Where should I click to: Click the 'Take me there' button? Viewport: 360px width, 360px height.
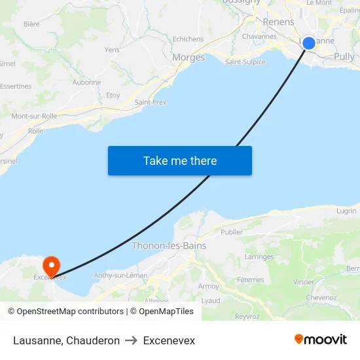click(x=180, y=160)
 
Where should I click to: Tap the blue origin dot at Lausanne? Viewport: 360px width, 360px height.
click(x=309, y=43)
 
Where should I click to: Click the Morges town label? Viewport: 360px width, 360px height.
click(x=189, y=58)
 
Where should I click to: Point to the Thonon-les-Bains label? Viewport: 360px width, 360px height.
click(x=169, y=246)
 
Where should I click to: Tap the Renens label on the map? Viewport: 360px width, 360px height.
click(x=278, y=22)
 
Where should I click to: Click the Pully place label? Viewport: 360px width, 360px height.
click(x=344, y=57)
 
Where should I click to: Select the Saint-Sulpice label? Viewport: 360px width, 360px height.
click(x=245, y=62)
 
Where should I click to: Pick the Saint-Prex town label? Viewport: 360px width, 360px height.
click(x=151, y=102)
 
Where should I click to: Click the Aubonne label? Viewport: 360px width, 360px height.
click(x=86, y=82)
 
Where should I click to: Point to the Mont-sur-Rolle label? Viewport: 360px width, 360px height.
click(x=34, y=116)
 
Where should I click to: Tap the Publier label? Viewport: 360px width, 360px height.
click(x=232, y=232)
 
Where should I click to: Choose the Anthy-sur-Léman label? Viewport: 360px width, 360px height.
click(x=120, y=276)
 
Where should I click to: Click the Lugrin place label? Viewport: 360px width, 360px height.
click(x=346, y=211)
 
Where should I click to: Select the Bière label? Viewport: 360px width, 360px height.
click(x=31, y=24)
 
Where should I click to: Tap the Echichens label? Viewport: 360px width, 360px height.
click(x=188, y=39)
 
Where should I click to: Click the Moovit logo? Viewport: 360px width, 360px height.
click(x=321, y=339)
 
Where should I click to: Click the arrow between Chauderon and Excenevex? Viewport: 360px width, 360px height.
click(x=131, y=340)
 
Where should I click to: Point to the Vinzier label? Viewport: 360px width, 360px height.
click(x=304, y=282)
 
